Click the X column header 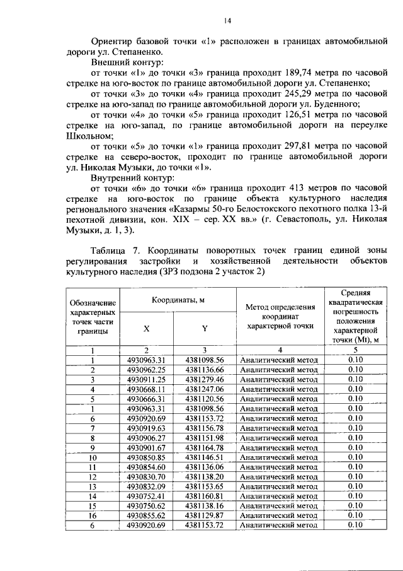tap(146, 328)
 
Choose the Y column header tap(205, 328)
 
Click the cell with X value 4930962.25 tap(146, 370)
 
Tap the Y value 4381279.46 tap(205, 379)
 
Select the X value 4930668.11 tap(146, 389)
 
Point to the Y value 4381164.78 tap(205, 447)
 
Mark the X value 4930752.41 tap(146, 496)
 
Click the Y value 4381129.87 tap(205, 515)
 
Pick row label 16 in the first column tap(93, 515)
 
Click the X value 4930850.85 tap(146, 457)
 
